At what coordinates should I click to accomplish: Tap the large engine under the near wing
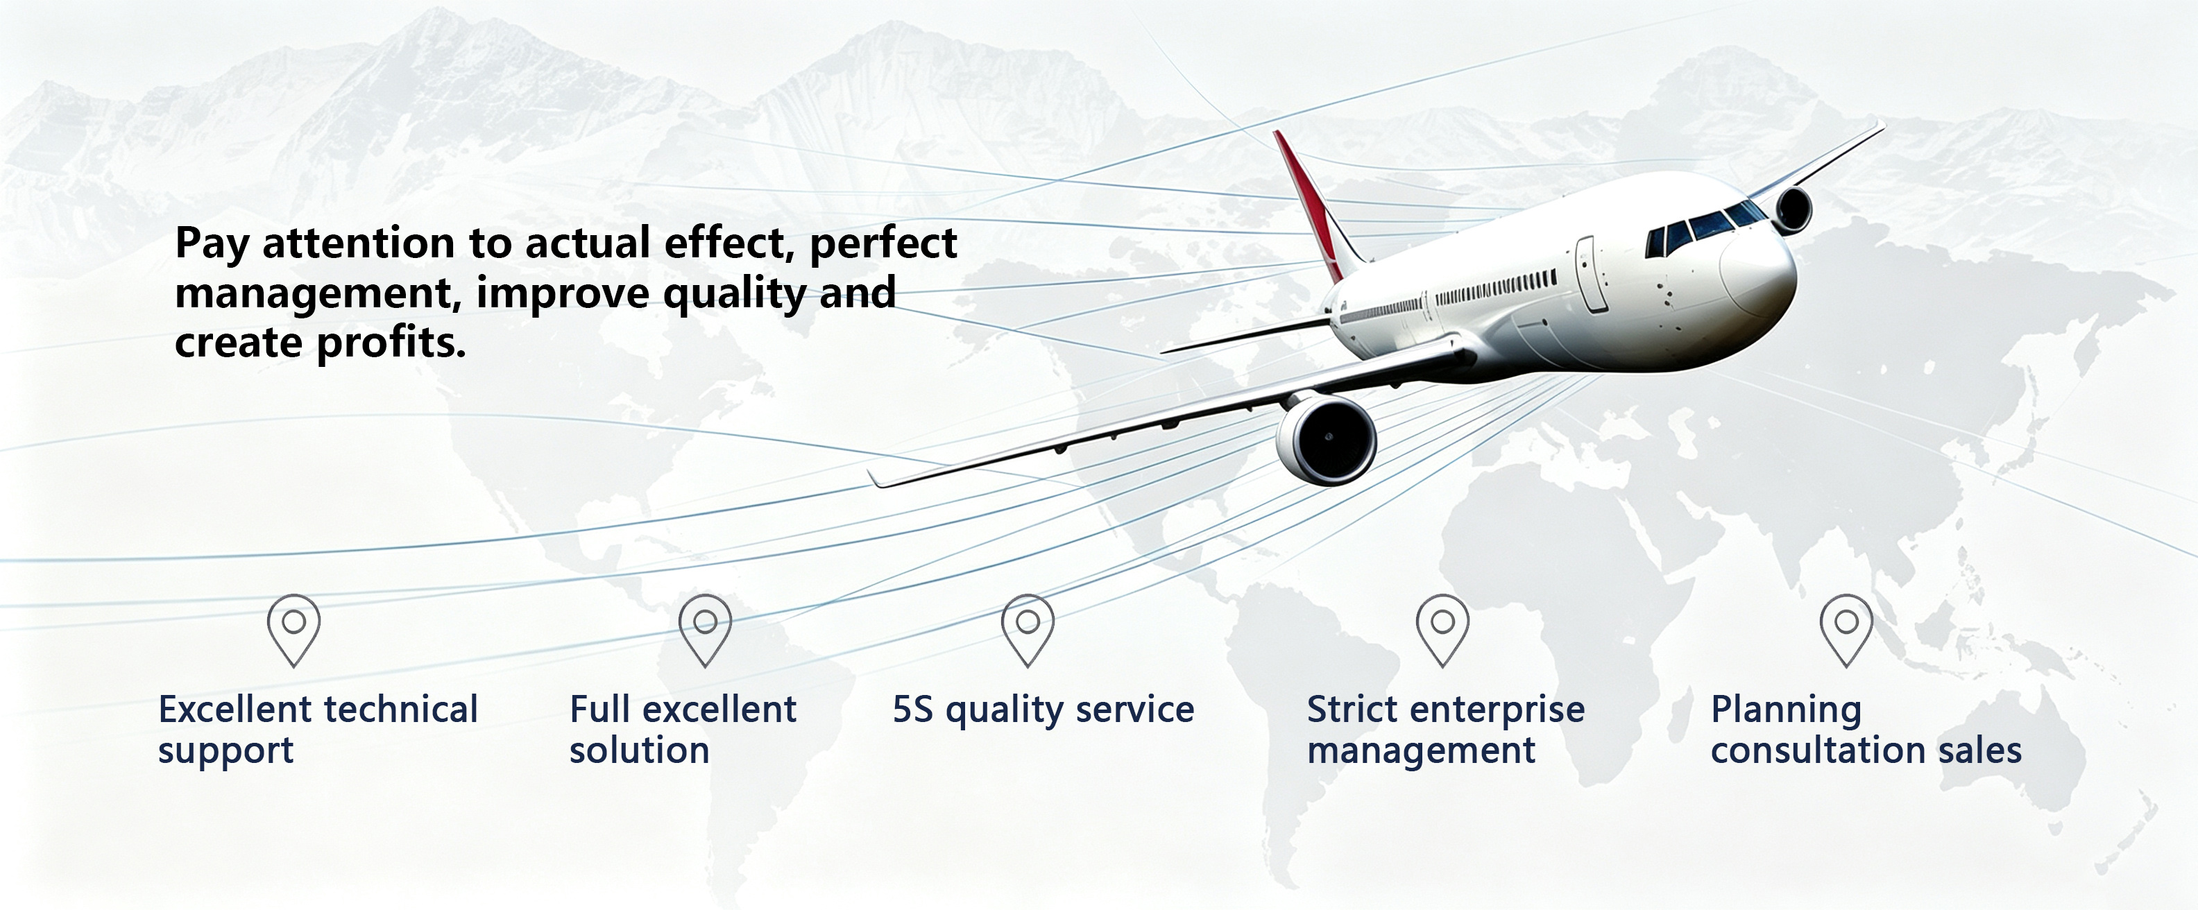tap(1327, 438)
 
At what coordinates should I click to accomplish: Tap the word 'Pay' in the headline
tap(212, 245)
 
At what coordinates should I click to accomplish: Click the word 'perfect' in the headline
tap(883, 245)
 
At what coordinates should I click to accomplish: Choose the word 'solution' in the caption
tap(639, 750)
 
